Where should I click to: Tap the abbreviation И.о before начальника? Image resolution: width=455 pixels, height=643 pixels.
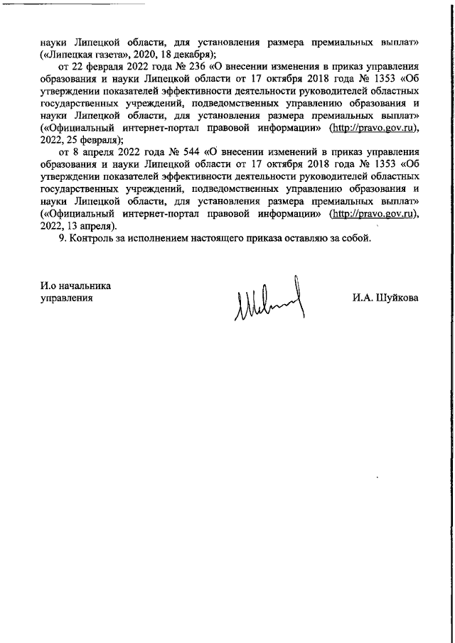[49, 286]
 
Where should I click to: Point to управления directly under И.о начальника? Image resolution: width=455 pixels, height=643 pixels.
[67, 298]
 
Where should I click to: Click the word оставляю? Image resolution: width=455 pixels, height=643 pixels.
[317, 238]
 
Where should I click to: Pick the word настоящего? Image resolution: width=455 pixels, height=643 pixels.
[227, 238]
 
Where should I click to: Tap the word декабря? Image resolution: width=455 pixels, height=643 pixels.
[193, 54]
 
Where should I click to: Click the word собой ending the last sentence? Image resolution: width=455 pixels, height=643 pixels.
[357, 238]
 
